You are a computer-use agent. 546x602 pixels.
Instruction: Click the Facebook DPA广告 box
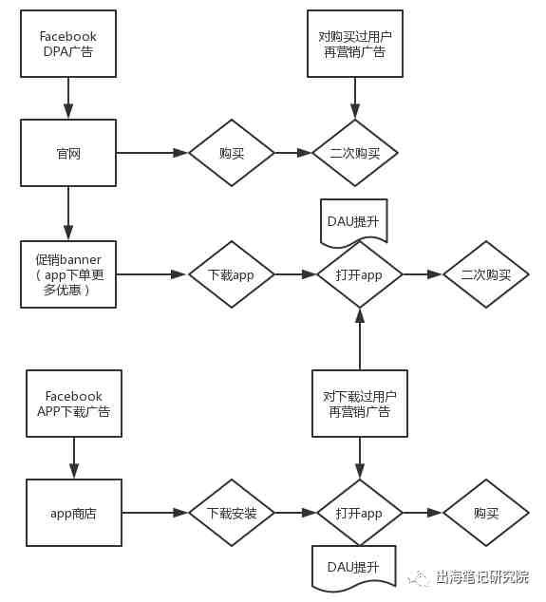pyautogui.click(x=68, y=44)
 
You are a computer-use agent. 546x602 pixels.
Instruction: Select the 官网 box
pyautogui.click(x=68, y=153)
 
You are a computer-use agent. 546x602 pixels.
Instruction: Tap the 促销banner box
pyautogui.click(x=68, y=274)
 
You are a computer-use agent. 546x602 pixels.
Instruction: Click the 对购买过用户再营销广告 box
pyautogui.click(x=355, y=44)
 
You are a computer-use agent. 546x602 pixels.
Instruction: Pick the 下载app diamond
pyautogui.click(x=232, y=274)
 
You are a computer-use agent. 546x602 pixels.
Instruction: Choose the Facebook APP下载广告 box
pyautogui.click(x=74, y=404)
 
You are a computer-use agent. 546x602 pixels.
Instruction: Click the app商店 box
pyautogui.click(x=74, y=513)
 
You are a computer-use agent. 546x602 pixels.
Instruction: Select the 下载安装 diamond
pyautogui.click(x=232, y=513)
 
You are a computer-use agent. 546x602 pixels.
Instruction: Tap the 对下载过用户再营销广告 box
pyautogui.click(x=360, y=404)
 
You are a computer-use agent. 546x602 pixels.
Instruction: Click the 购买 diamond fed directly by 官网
pyautogui.click(x=232, y=153)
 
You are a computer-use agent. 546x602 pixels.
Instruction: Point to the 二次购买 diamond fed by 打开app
pyautogui.click(x=486, y=274)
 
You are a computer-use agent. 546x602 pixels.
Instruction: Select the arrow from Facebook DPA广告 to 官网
pyautogui.click(x=68, y=99)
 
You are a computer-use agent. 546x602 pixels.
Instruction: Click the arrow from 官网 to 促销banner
pyautogui.click(x=68, y=214)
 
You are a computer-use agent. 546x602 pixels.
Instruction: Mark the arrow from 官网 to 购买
pyautogui.click(x=153, y=153)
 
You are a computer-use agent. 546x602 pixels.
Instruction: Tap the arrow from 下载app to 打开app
pyautogui.click(x=295, y=274)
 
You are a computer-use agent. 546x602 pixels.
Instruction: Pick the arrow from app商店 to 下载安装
pyautogui.click(x=155, y=513)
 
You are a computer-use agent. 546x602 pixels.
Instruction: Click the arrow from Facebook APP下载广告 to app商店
pyautogui.click(x=74, y=458)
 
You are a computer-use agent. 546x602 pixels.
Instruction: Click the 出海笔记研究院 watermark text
pyautogui.click(x=482, y=577)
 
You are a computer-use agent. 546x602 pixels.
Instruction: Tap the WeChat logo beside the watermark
pyautogui.click(x=419, y=578)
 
